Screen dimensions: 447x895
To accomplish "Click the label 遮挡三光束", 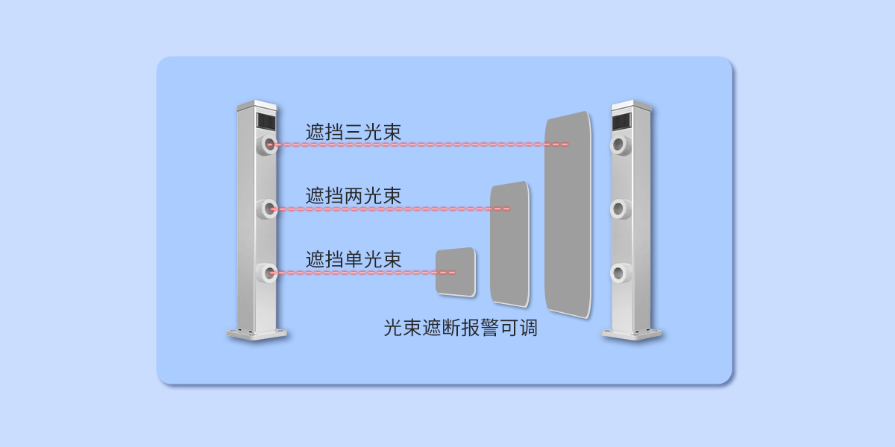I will (354, 132).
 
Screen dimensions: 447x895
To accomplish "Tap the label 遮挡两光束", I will (354, 197).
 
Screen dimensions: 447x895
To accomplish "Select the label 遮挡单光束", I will (354, 260).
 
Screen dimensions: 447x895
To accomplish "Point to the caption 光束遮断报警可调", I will (460, 328).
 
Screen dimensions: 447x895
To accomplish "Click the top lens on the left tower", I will (268, 145).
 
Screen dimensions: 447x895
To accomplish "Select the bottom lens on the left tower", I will (268, 273).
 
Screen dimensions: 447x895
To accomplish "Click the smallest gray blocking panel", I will (456, 271).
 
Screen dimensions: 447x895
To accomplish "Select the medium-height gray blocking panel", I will (510, 244).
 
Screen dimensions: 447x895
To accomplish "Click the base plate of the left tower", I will (257, 334).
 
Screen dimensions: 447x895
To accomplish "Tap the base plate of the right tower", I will (632, 334).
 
